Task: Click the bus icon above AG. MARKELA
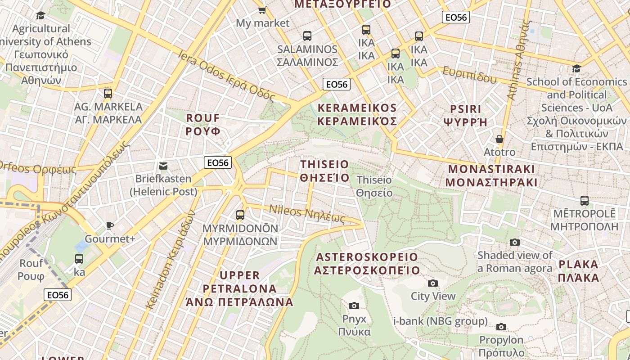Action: click(108, 94)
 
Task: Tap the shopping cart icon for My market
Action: click(262, 9)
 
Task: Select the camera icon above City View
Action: click(433, 283)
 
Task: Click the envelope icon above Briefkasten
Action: click(163, 166)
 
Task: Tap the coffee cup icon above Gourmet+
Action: click(110, 225)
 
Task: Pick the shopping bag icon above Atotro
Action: click(499, 139)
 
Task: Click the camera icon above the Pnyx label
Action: click(354, 306)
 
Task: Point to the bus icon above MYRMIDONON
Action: click(240, 215)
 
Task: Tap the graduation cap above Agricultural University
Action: click(41, 16)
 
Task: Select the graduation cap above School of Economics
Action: click(576, 69)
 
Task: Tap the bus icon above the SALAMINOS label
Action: click(307, 36)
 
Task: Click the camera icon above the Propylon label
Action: click(501, 327)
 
